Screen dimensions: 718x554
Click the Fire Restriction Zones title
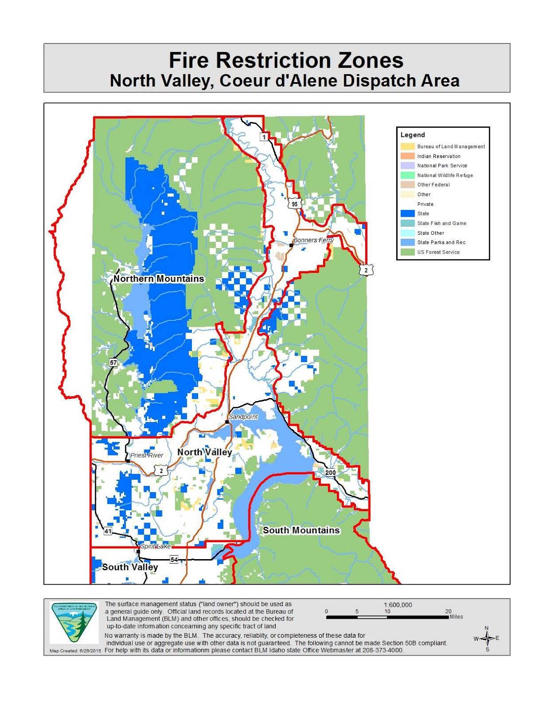(286, 61)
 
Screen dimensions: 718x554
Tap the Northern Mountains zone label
(159, 279)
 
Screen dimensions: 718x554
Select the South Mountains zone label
(301, 530)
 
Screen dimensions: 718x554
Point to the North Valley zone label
(204, 452)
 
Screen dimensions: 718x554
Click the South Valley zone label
(130, 567)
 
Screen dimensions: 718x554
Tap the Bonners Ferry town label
(313, 240)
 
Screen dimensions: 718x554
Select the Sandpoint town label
(243, 417)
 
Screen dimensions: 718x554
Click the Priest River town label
(147, 455)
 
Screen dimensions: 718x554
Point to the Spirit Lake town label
(156, 546)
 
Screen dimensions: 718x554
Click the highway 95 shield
(294, 204)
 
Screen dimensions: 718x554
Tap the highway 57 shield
(113, 362)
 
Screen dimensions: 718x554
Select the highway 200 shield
(330, 473)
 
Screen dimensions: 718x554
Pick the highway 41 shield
(108, 531)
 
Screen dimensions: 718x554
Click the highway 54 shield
(174, 559)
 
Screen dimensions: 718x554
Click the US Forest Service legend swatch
(407, 252)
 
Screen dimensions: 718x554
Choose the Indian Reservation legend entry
(438, 156)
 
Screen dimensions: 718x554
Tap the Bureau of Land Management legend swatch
(407, 146)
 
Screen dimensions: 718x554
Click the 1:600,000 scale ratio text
(398, 604)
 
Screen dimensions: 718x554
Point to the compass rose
(487, 638)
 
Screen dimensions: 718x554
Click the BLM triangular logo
(74, 622)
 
